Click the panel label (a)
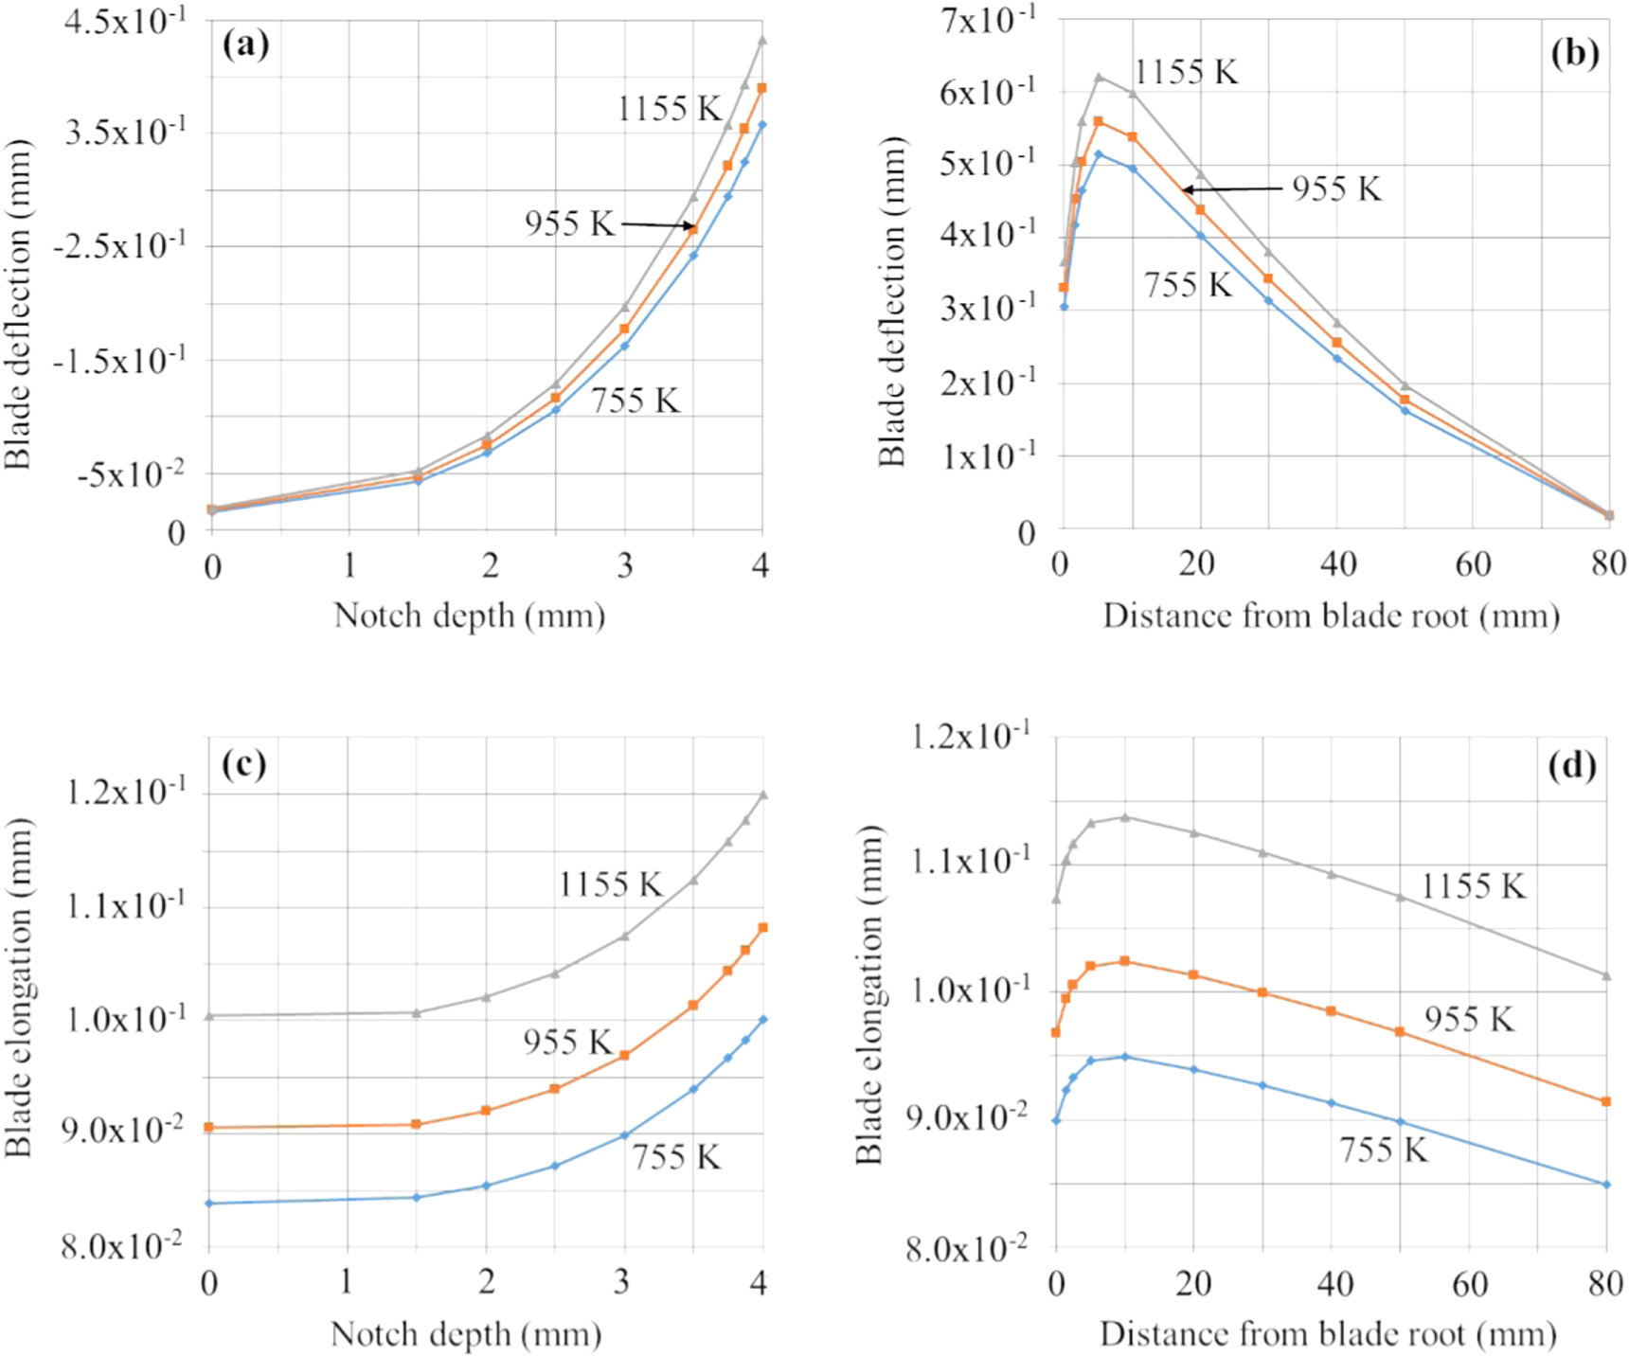tap(245, 45)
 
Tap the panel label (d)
tap(1572, 764)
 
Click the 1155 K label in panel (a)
tap(670, 109)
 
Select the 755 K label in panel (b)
tap(1188, 285)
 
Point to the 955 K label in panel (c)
tap(567, 1043)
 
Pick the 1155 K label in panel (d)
tap(1473, 886)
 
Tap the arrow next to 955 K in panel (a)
tap(657, 224)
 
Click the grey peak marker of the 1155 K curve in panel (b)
tap(1099, 77)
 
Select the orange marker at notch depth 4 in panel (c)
tap(762, 928)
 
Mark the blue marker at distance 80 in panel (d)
tap(1606, 1185)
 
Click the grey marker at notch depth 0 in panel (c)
tap(209, 1016)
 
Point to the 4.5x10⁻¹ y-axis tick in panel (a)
tap(124, 21)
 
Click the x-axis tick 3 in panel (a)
tap(625, 566)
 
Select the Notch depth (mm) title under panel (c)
tap(466, 1334)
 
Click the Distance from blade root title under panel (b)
tap(1331, 616)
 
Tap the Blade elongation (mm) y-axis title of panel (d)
tap(868, 994)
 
